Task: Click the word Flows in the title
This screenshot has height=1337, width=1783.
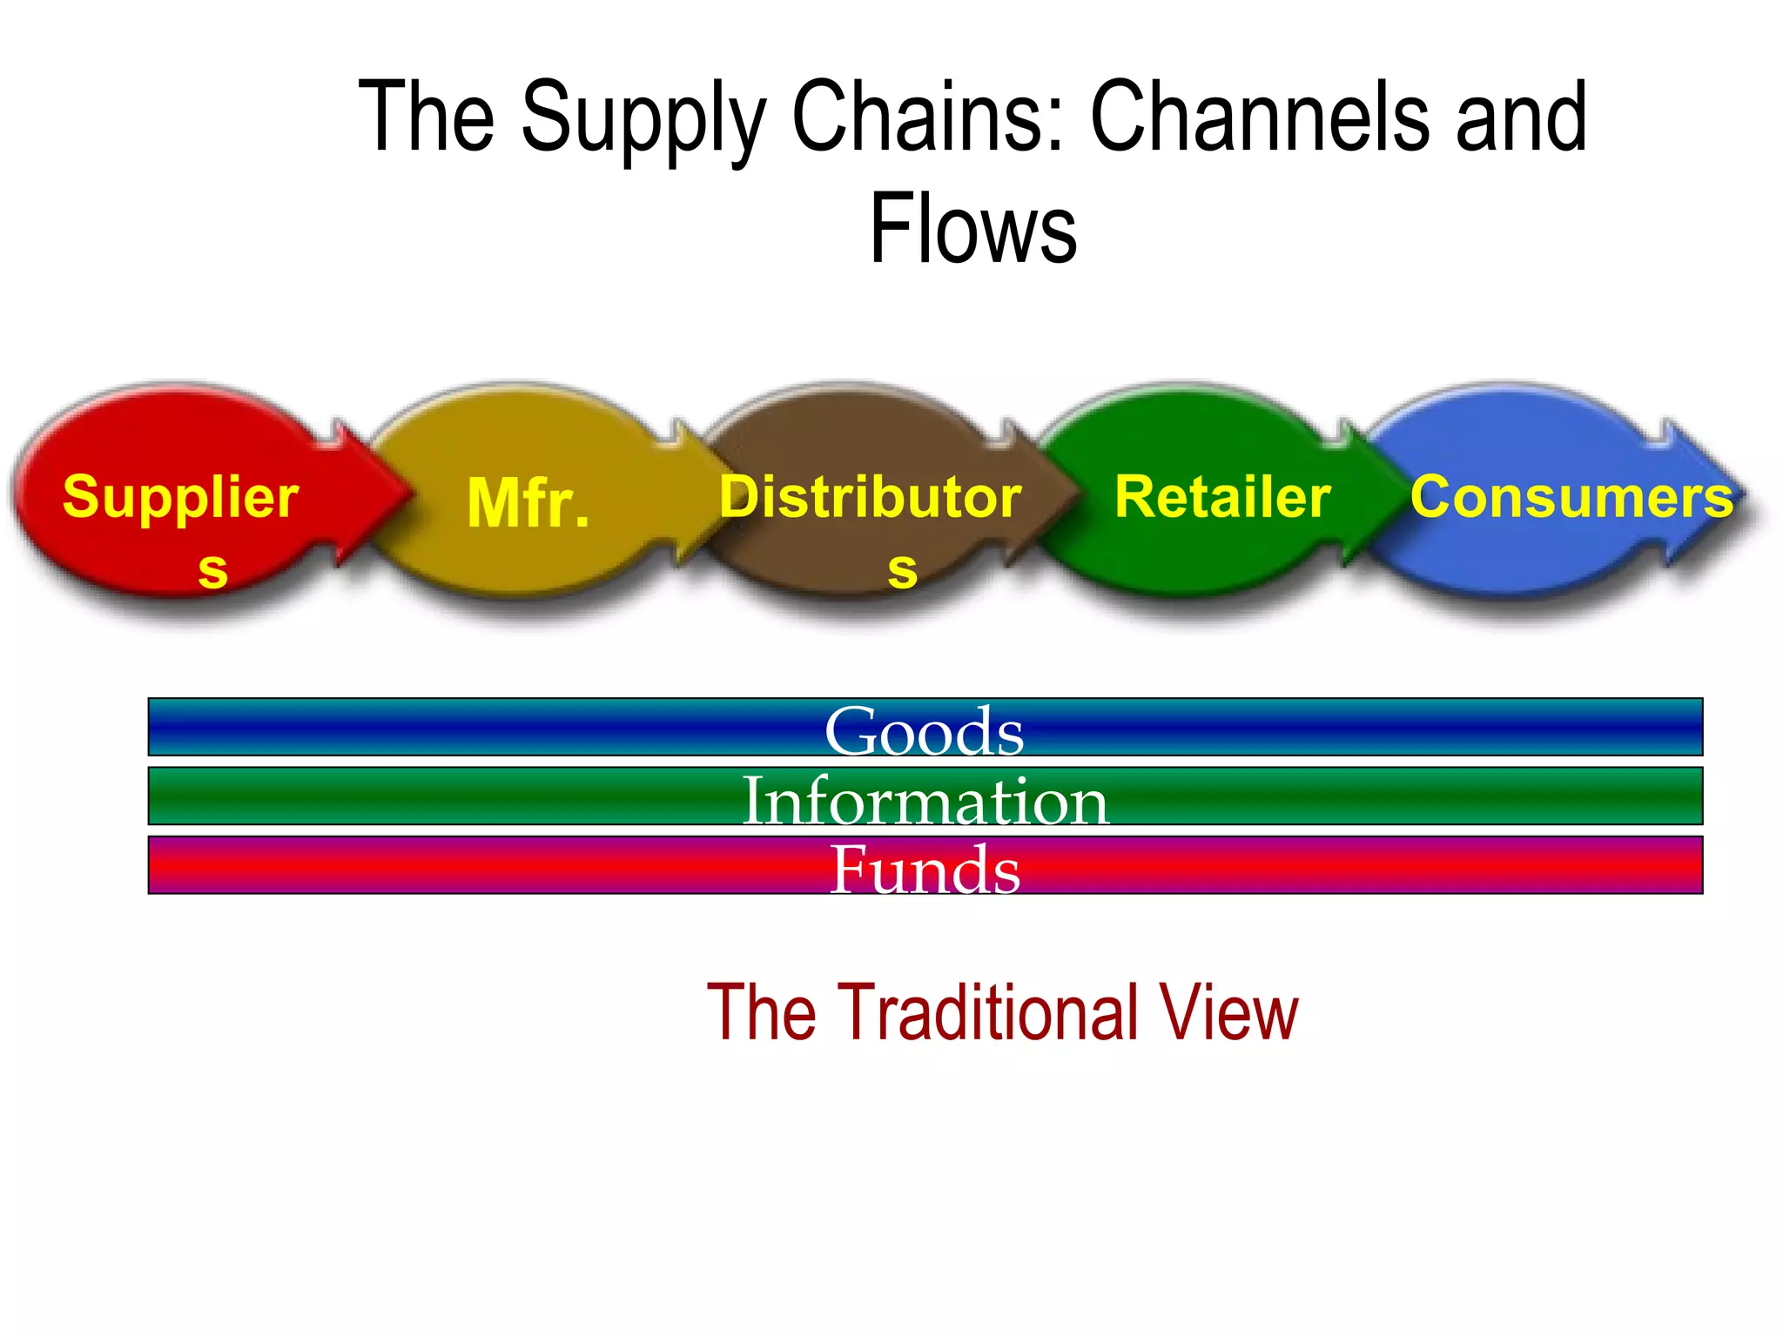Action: click(x=973, y=228)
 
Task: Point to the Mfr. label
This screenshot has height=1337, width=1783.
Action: click(x=528, y=503)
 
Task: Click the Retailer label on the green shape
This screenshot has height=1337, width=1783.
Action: click(x=1222, y=497)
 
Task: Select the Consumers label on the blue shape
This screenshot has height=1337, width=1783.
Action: click(x=1571, y=497)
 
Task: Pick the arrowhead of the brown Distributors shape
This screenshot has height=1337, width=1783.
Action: click(x=1040, y=493)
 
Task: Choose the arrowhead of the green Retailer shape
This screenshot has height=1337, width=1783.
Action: click(x=1376, y=493)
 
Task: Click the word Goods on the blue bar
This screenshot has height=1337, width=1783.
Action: click(x=925, y=730)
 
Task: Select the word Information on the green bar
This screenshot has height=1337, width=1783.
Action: click(x=925, y=799)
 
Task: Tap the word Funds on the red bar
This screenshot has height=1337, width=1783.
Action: click(x=925, y=869)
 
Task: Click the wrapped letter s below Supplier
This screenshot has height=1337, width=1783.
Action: click(x=212, y=570)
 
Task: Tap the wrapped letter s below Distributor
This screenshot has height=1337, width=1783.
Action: click(x=902, y=570)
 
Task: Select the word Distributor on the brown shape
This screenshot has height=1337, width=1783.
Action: click(x=871, y=497)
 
